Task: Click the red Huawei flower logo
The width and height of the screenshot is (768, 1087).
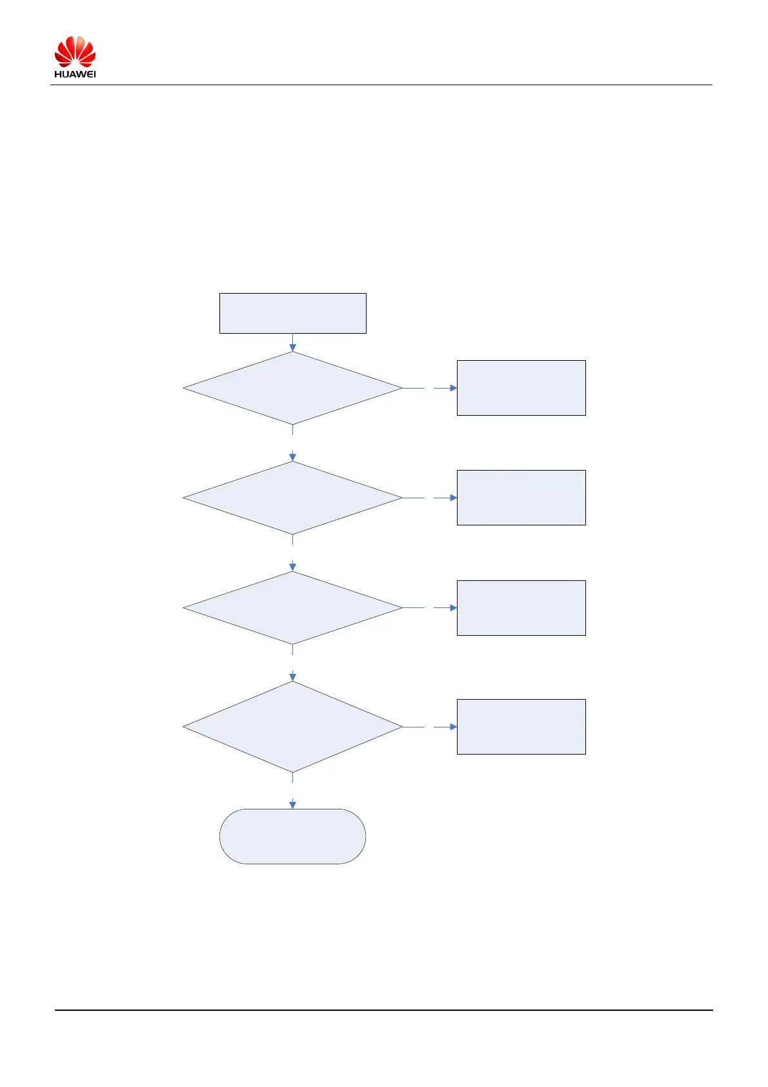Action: click(75, 52)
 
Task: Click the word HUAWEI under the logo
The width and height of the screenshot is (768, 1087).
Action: click(75, 74)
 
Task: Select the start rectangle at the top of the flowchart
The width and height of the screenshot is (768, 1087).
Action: click(292, 313)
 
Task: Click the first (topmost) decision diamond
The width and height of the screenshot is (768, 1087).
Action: click(292, 388)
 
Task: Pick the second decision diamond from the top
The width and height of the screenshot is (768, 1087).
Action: click(292, 498)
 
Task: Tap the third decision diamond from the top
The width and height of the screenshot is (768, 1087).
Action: click(292, 607)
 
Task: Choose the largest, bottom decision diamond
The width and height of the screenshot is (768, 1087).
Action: click(292, 727)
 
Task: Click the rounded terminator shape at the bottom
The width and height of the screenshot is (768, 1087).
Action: click(292, 836)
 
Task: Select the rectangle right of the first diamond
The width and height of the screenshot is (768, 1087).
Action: click(521, 387)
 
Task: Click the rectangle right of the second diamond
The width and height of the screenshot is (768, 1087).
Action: click(521, 497)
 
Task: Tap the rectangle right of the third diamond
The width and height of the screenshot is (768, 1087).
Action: click(521, 607)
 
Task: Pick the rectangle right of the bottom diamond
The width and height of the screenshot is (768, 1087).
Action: click(521, 726)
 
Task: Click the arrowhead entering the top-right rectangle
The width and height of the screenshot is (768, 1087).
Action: click(453, 388)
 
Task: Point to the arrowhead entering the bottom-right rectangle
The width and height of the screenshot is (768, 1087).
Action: click(453, 727)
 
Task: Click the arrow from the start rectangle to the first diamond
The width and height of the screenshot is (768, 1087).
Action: click(292, 343)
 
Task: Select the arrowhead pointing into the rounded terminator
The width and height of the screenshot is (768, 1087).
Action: click(292, 804)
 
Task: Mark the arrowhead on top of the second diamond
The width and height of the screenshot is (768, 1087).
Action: click(292, 457)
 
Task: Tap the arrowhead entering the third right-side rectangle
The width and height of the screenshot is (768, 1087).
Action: click(453, 607)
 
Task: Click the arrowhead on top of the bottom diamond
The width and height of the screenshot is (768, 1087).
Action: click(292, 677)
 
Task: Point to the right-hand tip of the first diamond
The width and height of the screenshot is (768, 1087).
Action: click(401, 388)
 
